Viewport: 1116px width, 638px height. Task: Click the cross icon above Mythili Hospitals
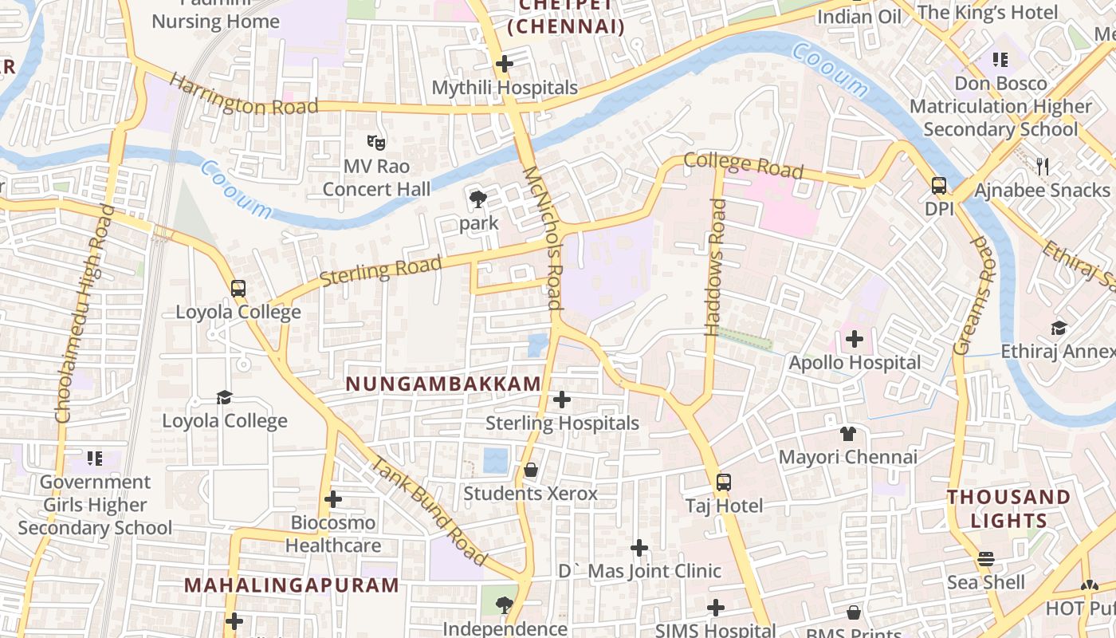[504, 64]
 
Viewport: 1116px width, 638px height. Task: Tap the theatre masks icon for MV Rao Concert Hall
[376, 143]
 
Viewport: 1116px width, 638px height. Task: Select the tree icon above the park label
[478, 199]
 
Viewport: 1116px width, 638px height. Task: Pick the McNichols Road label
[543, 238]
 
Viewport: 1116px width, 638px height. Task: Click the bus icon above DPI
[939, 186]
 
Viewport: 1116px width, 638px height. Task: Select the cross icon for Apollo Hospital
[855, 340]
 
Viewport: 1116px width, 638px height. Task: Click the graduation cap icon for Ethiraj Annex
[1059, 328]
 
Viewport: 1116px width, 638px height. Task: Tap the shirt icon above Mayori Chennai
[847, 434]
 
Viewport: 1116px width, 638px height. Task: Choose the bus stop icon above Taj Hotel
[723, 482]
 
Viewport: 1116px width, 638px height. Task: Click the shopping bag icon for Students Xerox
[530, 471]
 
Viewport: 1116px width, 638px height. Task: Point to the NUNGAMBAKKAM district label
[443, 384]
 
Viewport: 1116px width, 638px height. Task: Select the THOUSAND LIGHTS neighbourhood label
[1008, 509]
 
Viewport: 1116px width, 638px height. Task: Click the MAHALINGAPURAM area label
[291, 585]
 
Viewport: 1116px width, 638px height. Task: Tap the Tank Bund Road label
[428, 510]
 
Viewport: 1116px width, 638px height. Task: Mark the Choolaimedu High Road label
[83, 313]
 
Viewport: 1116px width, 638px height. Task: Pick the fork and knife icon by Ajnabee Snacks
[1042, 166]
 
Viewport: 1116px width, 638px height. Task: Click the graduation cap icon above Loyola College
[225, 397]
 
